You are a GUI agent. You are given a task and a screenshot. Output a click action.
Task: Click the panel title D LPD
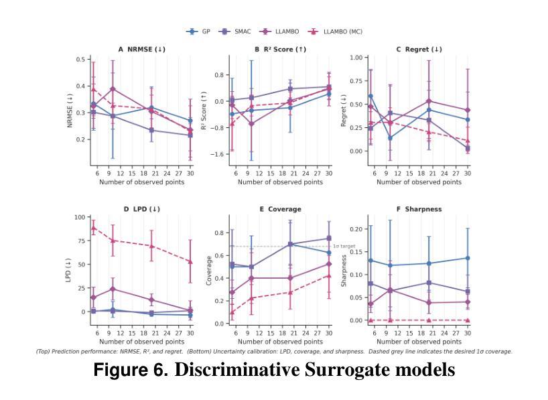(x=141, y=209)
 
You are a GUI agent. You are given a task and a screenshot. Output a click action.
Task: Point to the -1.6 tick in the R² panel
(x=217, y=154)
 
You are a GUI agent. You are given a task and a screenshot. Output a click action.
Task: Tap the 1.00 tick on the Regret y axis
(x=356, y=58)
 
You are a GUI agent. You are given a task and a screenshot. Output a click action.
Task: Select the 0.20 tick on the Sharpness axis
(x=356, y=229)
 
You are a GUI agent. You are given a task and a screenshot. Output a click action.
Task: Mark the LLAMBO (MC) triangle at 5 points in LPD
(x=94, y=228)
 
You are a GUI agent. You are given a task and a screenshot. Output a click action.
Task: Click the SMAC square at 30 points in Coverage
(x=328, y=239)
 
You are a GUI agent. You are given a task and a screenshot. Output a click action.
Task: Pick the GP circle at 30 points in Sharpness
(x=468, y=258)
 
